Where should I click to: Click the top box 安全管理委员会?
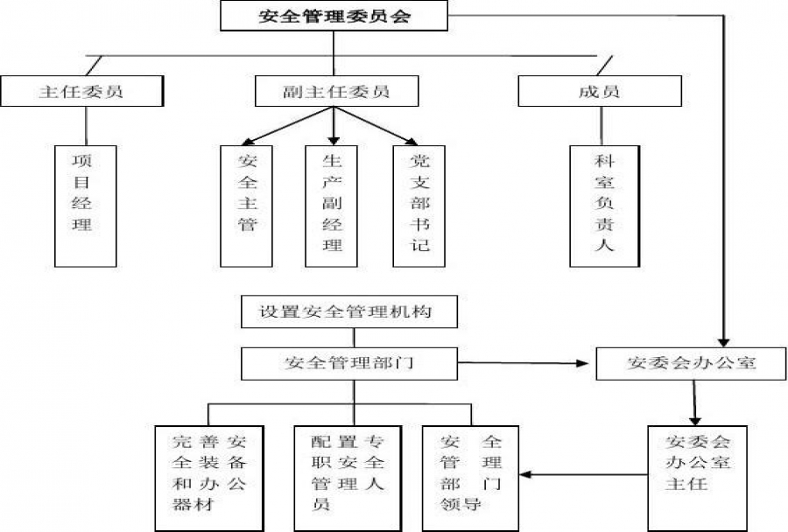click(334, 16)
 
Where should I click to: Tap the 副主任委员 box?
click(336, 91)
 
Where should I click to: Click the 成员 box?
click(600, 91)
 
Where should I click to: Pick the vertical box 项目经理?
click(85, 205)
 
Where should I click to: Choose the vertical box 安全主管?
click(248, 205)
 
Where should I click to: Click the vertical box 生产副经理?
click(333, 205)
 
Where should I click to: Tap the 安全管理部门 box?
click(349, 363)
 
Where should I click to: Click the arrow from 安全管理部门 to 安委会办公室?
click(525, 362)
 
